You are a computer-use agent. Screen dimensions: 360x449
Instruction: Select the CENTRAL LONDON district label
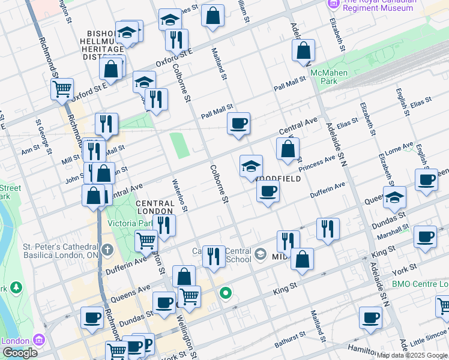coord(155,208)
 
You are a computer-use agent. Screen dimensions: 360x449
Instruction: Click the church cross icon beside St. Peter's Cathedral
coord(107,248)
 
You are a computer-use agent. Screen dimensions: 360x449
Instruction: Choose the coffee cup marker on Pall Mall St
coord(238,124)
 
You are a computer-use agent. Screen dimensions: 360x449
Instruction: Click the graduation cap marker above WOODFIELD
coord(251,165)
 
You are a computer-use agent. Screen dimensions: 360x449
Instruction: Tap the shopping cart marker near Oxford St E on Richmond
coord(62,89)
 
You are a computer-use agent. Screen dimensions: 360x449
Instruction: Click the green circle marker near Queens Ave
coord(226,293)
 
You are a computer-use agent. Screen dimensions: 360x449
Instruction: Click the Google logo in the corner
coord(20,352)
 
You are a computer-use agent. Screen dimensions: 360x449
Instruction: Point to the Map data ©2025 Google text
coord(412,355)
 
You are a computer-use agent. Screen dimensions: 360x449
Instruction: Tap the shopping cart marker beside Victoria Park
coord(146,241)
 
